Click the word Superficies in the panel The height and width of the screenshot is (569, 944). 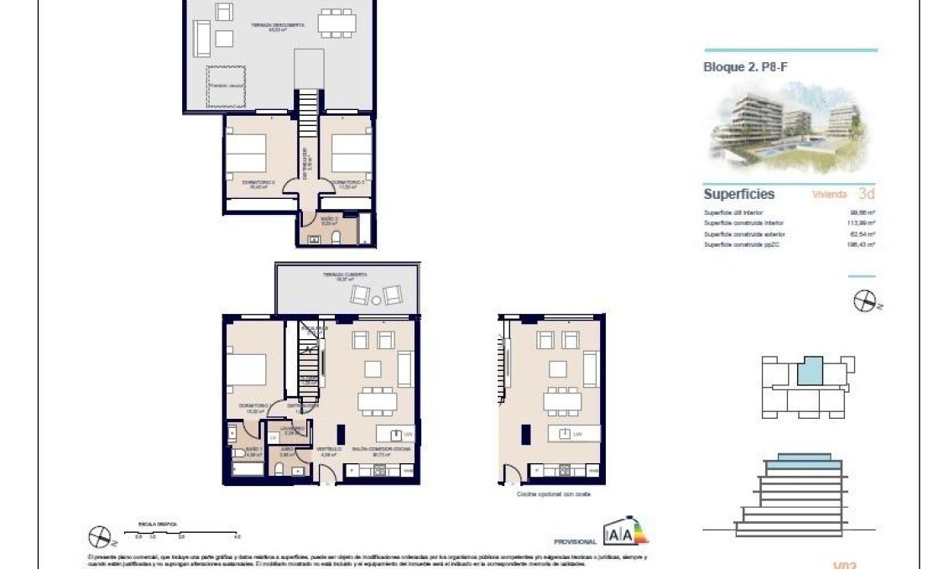[x=738, y=194]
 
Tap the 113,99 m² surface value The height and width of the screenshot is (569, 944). [x=862, y=222]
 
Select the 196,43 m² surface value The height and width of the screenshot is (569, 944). [x=862, y=244]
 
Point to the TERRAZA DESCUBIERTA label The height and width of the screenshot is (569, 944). [x=277, y=27]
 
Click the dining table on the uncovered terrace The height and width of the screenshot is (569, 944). [x=336, y=23]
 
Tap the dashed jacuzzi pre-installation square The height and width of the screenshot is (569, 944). [x=227, y=86]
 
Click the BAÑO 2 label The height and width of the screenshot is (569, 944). [x=330, y=219]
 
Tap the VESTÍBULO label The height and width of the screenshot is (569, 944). [x=328, y=451]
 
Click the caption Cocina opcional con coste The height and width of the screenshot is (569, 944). [x=555, y=494]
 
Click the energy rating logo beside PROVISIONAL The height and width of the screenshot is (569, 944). [x=626, y=533]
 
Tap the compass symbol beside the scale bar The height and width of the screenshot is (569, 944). [x=99, y=535]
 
